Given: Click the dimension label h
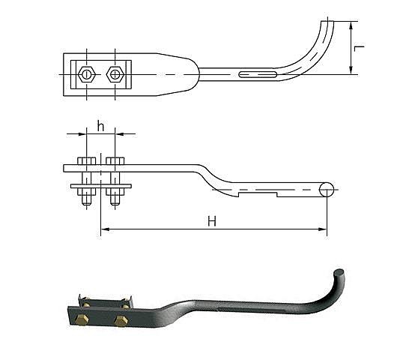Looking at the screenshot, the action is tap(100, 126).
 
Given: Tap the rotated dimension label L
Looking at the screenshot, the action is tap(359, 48).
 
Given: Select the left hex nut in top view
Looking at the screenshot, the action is tap(86, 74).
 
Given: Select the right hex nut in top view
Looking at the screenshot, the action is tap(115, 74).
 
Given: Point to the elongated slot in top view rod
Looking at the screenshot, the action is tap(258, 74).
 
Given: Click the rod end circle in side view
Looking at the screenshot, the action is tap(327, 190).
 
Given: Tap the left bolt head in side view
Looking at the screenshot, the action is tap(86, 161).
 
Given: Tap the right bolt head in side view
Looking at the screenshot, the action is tap(115, 161).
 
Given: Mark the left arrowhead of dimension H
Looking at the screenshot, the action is tap(105, 229).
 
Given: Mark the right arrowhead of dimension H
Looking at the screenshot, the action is tap(323, 229).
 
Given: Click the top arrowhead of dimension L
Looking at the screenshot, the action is tap(351, 25).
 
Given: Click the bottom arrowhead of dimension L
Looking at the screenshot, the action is tap(351, 70).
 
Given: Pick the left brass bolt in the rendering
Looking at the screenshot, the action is tap(82, 319).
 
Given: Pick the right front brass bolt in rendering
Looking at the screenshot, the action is tap(121, 321).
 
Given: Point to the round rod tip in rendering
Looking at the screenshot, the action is tap(339, 272).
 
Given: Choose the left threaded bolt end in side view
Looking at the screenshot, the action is tap(86, 200).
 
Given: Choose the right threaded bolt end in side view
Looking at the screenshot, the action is tap(115, 200).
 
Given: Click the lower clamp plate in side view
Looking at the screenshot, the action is tap(101, 186).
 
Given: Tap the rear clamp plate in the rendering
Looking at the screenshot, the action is tap(105, 303).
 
